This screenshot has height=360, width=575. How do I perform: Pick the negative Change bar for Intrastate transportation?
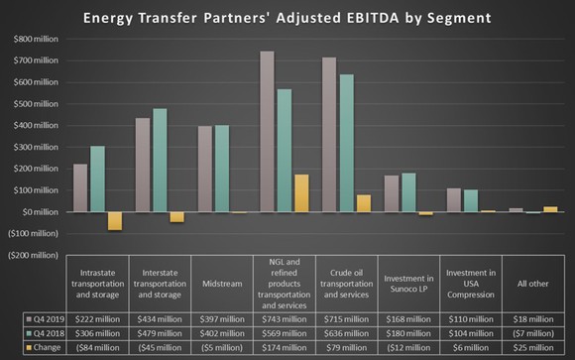(114, 220)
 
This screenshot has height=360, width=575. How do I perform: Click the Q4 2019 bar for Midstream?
(204, 169)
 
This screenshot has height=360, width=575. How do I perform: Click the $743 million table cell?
(283, 320)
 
